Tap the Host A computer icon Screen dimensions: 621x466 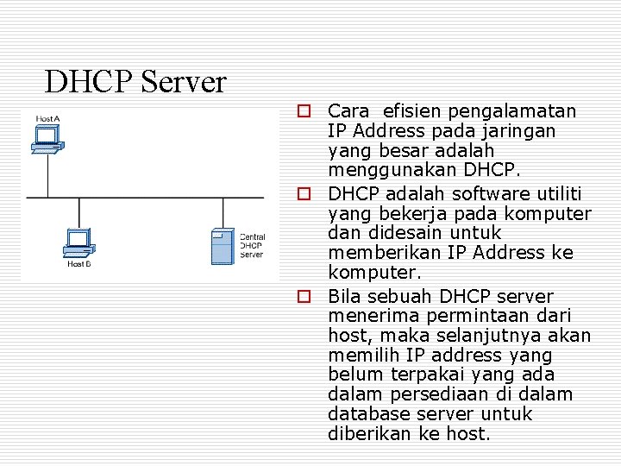pos(46,139)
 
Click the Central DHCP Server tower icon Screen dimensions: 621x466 pos(223,245)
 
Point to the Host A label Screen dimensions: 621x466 pos(47,118)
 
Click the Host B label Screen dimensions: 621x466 pos(79,264)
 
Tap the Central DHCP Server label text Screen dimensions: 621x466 pos(252,246)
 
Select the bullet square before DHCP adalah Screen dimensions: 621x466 pos(304,192)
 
